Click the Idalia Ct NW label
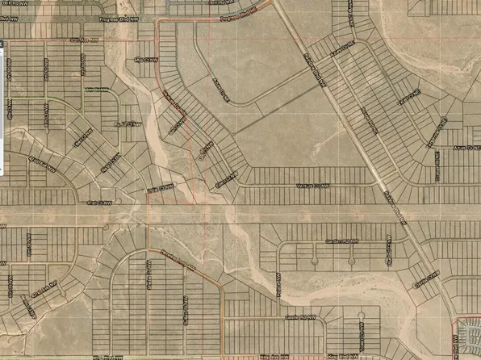pos(160,190)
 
